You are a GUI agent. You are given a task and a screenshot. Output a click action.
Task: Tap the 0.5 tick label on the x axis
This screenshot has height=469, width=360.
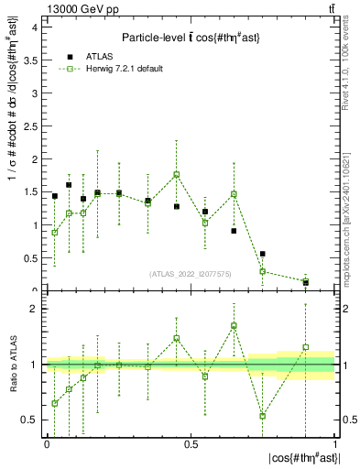click(191, 443)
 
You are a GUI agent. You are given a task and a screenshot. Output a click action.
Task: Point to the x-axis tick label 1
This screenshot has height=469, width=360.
click(334, 443)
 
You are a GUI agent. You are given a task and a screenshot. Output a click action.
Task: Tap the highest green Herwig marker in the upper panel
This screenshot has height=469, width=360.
click(177, 174)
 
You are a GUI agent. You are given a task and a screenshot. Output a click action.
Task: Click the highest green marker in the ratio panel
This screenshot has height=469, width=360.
click(235, 325)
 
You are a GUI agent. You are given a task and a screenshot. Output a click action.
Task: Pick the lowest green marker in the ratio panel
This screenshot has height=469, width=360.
click(263, 416)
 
